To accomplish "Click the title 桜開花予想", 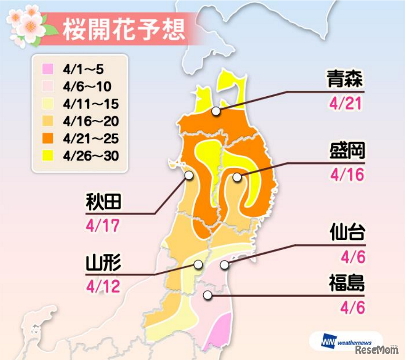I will (x=123, y=30).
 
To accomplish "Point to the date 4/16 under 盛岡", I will (x=346, y=174).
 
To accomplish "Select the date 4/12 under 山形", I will (x=103, y=286).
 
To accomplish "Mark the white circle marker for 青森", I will (x=217, y=111).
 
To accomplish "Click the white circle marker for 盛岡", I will (x=237, y=178).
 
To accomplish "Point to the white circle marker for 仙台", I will (x=224, y=265).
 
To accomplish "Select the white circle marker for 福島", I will (x=207, y=295).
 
